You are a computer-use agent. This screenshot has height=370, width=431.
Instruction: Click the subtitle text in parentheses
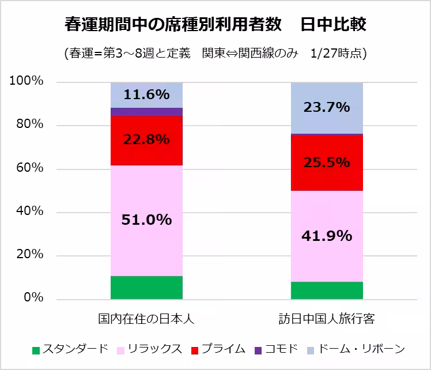[215, 53]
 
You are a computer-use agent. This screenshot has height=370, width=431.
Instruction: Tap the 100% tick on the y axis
[27, 82]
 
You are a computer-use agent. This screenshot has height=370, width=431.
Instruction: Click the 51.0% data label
[146, 220]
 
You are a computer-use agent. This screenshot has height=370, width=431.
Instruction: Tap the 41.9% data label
[327, 235]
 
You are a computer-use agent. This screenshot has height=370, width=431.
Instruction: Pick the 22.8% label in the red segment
[146, 139]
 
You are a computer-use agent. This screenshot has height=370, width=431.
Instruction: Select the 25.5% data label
[327, 163]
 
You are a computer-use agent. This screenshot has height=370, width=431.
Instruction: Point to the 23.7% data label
[327, 107]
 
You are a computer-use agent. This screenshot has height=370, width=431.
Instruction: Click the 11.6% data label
[146, 93]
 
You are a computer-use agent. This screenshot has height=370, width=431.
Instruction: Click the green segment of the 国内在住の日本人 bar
[146, 288]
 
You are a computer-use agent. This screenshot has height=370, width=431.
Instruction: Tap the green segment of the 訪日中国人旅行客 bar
[327, 290]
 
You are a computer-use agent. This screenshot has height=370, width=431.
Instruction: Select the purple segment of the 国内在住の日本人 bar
[146, 112]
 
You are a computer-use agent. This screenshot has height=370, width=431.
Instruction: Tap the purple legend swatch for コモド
[258, 350]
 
